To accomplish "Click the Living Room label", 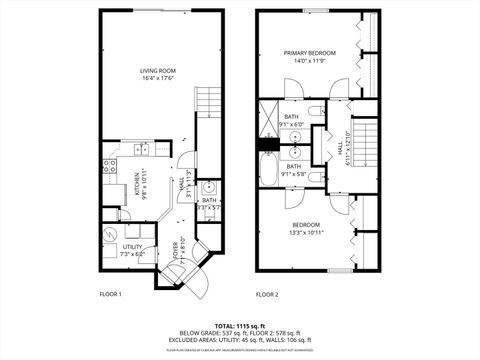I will [158, 70].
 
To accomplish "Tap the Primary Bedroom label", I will [309, 53].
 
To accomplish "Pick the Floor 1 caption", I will [110, 295].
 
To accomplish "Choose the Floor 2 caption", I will [266, 295].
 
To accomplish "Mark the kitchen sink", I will [141, 149].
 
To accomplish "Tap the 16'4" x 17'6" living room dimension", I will [158, 79].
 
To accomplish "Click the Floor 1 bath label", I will [208, 201].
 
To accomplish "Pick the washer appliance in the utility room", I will [109, 233].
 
